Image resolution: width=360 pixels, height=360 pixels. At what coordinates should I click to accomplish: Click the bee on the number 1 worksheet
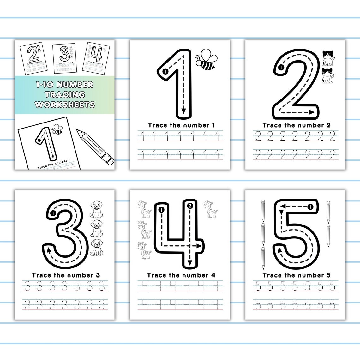pyautogui.click(x=206, y=60)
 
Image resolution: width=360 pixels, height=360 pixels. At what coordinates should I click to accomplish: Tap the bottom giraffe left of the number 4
pyautogui.click(x=145, y=250)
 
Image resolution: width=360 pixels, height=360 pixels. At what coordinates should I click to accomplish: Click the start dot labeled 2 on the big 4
pyautogui.click(x=189, y=206)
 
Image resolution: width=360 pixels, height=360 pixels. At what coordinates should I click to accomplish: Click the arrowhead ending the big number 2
pyautogui.click(x=312, y=112)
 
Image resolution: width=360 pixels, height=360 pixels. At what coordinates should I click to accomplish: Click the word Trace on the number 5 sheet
pyautogui.click(x=272, y=275)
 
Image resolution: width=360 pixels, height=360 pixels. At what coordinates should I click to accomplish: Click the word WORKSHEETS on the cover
pyautogui.click(x=65, y=105)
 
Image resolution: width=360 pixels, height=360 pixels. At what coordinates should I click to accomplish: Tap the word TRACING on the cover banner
pyautogui.click(x=65, y=94)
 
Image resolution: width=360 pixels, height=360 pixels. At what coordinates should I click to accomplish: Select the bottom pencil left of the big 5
pyautogui.click(x=263, y=258)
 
